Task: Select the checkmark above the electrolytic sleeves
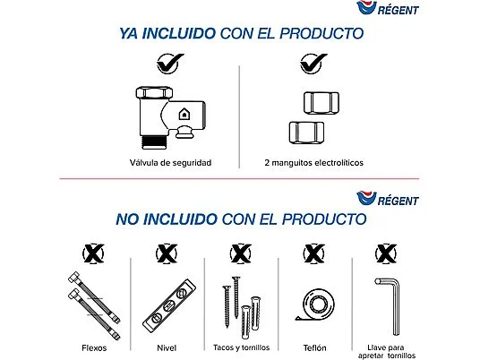click(x=312, y=64)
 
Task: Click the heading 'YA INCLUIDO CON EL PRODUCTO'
click(x=241, y=34)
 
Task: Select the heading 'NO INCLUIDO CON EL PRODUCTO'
click(x=241, y=219)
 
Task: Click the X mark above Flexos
click(x=92, y=253)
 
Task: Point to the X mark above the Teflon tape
click(x=314, y=253)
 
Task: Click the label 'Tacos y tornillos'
click(x=241, y=346)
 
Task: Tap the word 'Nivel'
click(x=167, y=346)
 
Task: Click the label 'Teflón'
click(x=314, y=346)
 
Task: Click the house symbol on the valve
click(x=184, y=115)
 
